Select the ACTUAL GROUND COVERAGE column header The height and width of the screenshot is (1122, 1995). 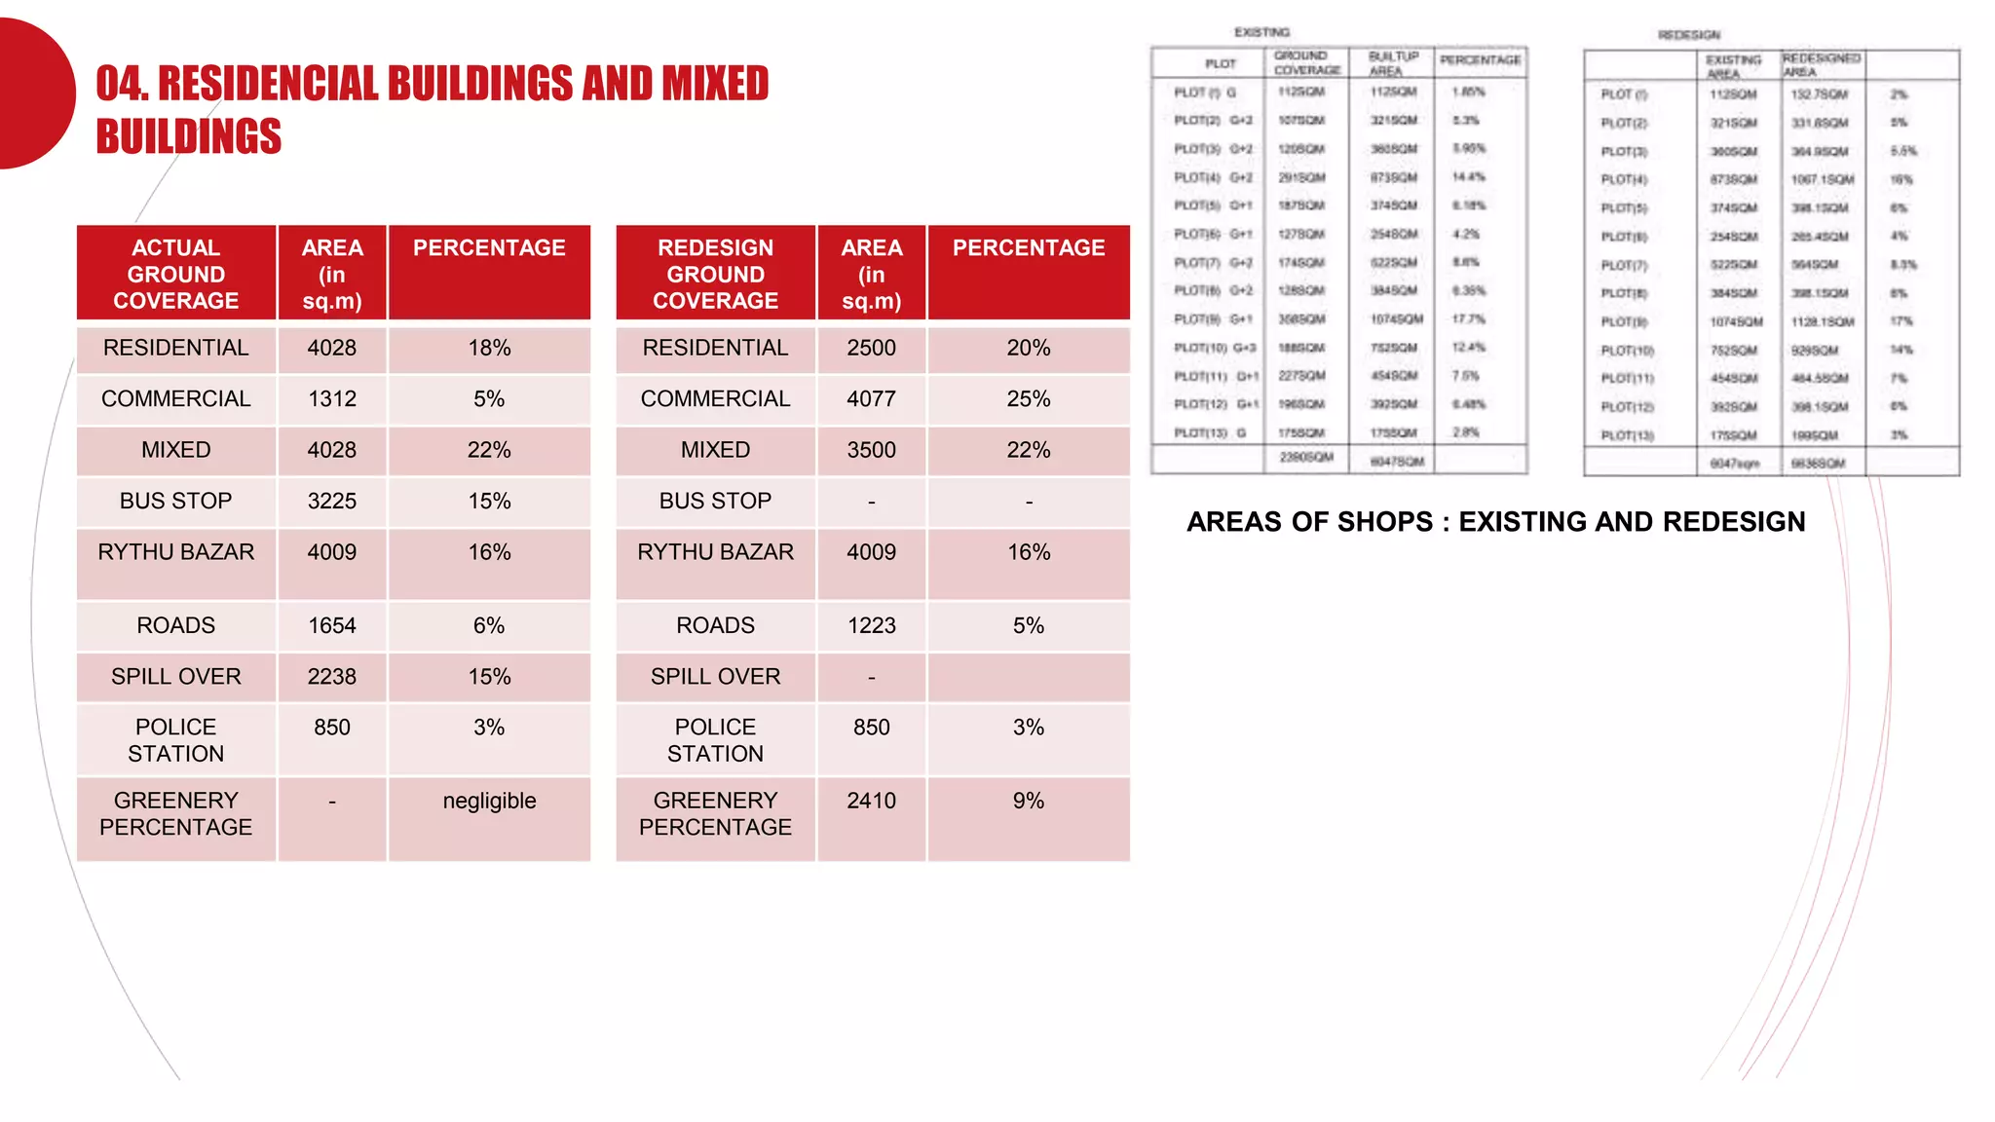click(x=176, y=274)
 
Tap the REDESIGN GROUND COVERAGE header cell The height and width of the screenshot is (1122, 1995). click(x=715, y=274)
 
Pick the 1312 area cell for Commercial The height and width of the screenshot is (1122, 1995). click(x=332, y=399)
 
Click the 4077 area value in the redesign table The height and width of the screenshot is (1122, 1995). click(x=871, y=399)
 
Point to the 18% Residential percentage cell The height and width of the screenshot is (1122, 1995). click(x=489, y=349)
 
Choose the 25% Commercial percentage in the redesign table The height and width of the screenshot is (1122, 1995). click(x=1029, y=399)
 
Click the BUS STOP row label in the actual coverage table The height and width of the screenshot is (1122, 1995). click(x=176, y=502)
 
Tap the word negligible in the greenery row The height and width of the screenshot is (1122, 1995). click(x=489, y=802)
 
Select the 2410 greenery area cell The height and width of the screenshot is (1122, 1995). click(x=871, y=802)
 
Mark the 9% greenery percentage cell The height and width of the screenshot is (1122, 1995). click(x=1029, y=802)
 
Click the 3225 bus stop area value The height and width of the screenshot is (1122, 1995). click(x=332, y=502)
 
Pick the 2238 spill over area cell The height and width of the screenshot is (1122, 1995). click(x=332, y=677)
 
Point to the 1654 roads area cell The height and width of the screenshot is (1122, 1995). click(x=332, y=626)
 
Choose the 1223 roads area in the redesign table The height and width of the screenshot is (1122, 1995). click(x=871, y=626)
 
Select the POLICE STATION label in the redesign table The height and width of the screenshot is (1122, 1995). click(x=715, y=740)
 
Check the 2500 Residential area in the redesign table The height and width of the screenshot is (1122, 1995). click(x=871, y=349)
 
